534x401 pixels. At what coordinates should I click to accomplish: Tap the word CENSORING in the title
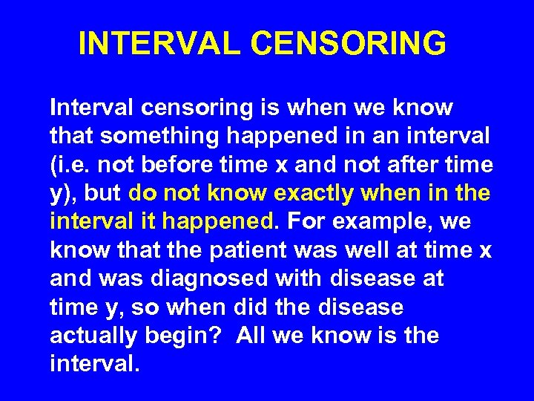[349, 44]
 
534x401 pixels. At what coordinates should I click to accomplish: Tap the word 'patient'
[248, 250]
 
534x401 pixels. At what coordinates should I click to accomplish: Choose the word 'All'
[252, 336]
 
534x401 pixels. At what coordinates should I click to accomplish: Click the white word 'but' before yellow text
[103, 193]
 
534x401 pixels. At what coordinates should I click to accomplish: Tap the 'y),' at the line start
[65, 193]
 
